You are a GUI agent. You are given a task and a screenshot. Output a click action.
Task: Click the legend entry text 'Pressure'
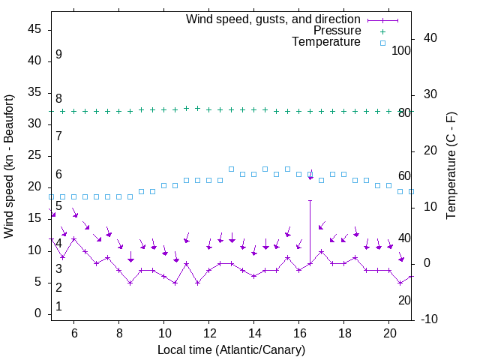point(337,31)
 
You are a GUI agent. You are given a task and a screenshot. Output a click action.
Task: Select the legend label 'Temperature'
point(326,42)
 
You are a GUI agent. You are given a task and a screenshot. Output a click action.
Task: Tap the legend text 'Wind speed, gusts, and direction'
point(274,19)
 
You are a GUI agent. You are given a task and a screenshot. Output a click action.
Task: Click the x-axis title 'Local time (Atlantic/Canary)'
point(231,349)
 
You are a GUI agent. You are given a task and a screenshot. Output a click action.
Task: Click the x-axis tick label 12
point(208,332)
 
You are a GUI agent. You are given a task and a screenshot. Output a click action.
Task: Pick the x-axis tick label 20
point(389,332)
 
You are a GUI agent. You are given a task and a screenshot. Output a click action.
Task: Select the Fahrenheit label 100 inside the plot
point(401,50)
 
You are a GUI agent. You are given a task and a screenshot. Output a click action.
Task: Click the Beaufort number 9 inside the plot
point(58,55)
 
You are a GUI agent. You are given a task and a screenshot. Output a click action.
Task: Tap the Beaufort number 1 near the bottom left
point(58,306)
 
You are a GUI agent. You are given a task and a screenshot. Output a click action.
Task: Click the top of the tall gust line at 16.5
point(310,200)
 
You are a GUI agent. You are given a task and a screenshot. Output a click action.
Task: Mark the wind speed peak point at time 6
point(73,238)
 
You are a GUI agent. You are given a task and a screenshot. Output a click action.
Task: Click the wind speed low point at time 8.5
point(130,283)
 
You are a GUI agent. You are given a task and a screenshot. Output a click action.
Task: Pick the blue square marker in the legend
point(382,43)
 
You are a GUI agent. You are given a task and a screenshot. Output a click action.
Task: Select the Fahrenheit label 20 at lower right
point(404,300)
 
